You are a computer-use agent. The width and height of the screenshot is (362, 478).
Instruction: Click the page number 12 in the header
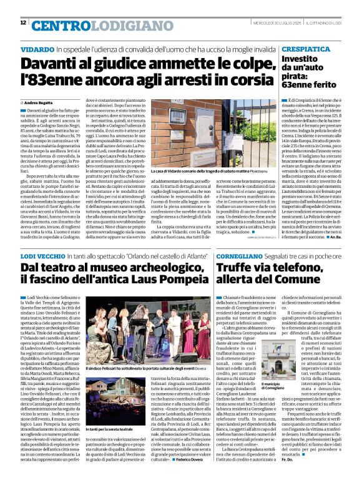pyautogui.click(x=23, y=23)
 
